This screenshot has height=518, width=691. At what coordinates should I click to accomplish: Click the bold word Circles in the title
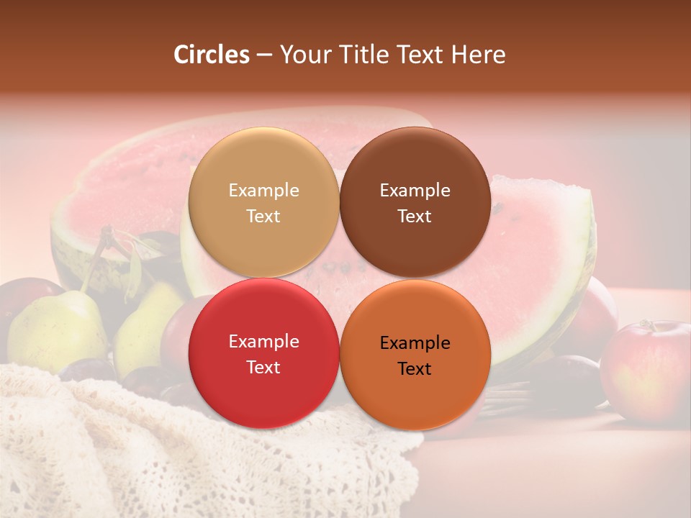[212, 55]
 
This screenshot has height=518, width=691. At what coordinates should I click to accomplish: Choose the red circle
[263, 388]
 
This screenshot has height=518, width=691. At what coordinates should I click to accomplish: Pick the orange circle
[415, 392]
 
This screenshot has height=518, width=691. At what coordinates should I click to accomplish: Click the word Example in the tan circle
[263, 191]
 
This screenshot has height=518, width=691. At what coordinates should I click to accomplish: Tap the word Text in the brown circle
[415, 217]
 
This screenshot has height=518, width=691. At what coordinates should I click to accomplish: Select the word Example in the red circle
[263, 342]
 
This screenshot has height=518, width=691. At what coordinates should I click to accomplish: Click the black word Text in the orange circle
[415, 369]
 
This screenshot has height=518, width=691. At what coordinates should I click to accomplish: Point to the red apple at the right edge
[646, 371]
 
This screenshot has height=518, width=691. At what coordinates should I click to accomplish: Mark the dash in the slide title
[263, 55]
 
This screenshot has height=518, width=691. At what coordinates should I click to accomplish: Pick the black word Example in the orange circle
[415, 343]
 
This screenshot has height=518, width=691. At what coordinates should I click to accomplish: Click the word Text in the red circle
[263, 368]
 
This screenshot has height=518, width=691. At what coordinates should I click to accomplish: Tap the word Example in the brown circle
[415, 191]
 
